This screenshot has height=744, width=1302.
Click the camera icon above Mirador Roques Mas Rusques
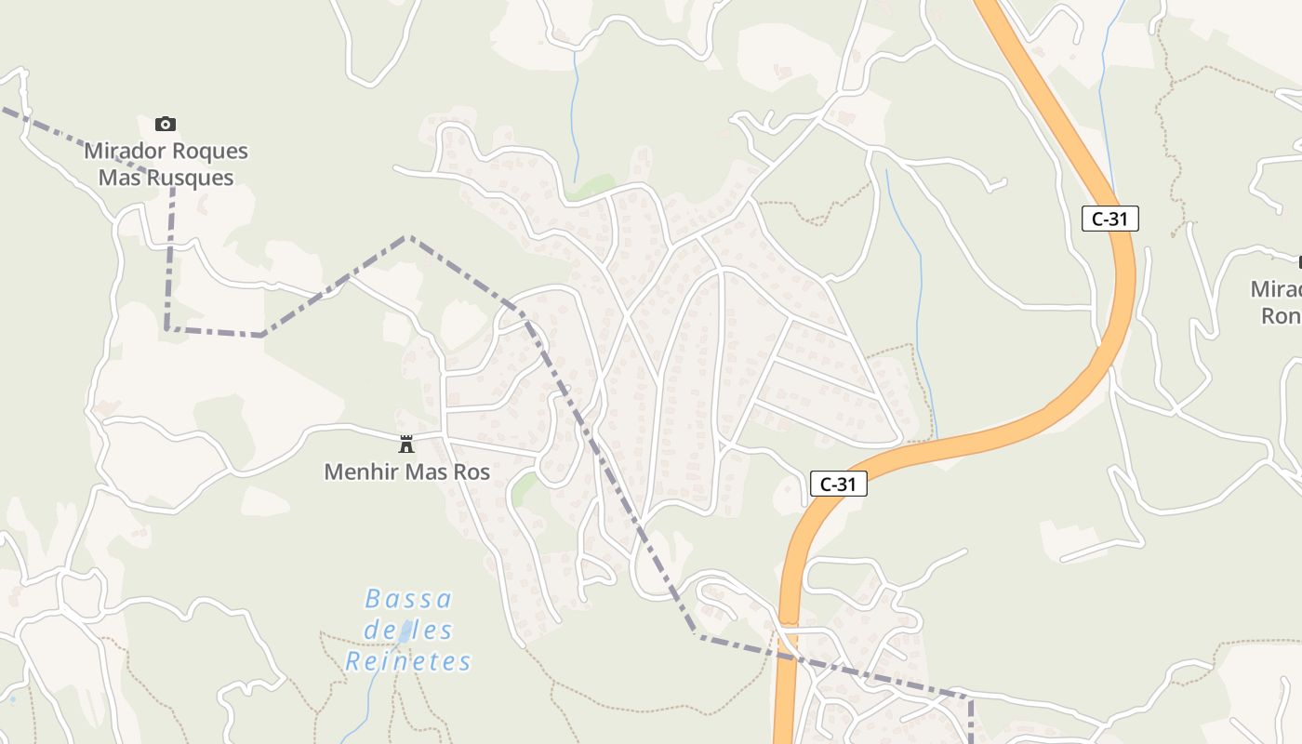tap(166, 124)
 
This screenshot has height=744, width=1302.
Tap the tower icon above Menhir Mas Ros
tap(406, 444)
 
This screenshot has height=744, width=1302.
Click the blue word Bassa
tap(408, 598)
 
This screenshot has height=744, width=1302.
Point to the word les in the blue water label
tap(433, 630)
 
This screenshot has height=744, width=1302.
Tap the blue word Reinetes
tap(408, 661)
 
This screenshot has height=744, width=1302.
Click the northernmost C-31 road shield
tap(1110, 219)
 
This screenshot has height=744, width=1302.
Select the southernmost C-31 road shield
tap(838, 484)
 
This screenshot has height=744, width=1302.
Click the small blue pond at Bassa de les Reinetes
tap(405, 635)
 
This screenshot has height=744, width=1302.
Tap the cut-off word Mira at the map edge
tap(1276, 288)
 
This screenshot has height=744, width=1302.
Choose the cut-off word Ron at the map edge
tap(1281, 316)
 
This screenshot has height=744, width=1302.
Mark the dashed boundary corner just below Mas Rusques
tap(173, 189)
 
